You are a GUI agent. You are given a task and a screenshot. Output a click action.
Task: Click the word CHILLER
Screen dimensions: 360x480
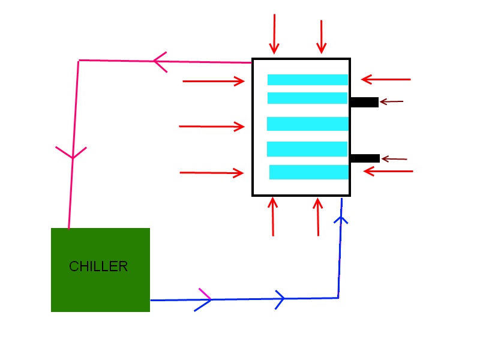[x=98, y=266]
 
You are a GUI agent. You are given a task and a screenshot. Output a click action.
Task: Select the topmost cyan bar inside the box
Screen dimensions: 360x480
[x=308, y=80]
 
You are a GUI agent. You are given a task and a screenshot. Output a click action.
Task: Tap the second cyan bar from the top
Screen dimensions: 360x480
[x=308, y=98]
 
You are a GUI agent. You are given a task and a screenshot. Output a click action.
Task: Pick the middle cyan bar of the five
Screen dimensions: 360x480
[x=308, y=124]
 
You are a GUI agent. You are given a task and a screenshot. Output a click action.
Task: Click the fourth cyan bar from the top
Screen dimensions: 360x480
[x=307, y=149]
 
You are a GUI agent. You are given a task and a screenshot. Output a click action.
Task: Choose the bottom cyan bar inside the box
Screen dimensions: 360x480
[x=309, y=172]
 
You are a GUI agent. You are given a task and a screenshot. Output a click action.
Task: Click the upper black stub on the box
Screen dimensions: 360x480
[x=364, y=102]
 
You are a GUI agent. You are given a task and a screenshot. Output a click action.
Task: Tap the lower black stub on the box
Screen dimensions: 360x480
[x=365, y=158]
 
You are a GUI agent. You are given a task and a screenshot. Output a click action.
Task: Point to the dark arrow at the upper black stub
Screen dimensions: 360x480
[x=391, y=102]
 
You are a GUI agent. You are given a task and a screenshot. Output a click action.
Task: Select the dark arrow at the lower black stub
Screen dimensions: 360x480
[x=394, y=159]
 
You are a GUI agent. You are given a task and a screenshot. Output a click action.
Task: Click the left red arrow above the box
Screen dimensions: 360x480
[x=274, y=34]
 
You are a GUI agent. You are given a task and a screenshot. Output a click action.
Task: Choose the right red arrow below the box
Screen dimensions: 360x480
[x=318, y=217]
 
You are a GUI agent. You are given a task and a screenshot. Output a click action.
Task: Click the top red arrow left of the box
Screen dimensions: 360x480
[x=214, y=81]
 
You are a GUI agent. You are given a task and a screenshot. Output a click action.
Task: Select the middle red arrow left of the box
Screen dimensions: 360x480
[x=212, y=127]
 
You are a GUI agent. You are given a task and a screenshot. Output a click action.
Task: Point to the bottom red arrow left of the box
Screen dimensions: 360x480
[x=212, y=173]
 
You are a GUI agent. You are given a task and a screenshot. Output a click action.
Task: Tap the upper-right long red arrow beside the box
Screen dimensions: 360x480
[x=386, y=79]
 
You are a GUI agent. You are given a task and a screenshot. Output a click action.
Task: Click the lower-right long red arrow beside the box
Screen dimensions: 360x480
[x=388, y=172]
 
